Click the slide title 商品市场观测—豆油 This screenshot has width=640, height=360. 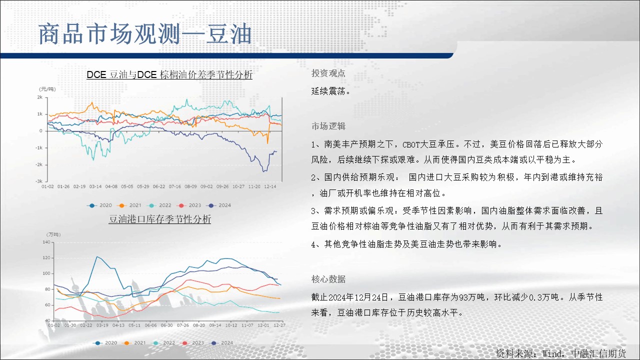(x=145, y=34)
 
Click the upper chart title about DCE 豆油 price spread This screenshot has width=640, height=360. (x=169, y=75)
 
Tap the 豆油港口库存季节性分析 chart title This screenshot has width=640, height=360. (x=159, y=219)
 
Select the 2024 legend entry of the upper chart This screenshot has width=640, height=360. (x=219, y=205)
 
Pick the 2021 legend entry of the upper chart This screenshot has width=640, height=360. (x=130, y=205)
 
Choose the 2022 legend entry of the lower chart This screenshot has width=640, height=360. (x=163, y=343)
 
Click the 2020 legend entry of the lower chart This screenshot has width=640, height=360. (x=106, y=343)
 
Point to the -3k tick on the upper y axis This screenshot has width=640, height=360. (x=39, y=181)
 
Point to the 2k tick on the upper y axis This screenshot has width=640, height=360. (x=39, y=97)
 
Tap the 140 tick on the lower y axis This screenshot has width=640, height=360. (x=46, y=242)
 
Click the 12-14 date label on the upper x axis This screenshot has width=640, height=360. (x=270, y=186)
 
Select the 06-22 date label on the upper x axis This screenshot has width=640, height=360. (x=159, y=186)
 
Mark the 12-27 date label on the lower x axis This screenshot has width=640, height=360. (x=279, y=325)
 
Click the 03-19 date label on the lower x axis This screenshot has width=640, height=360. (x=102, y=325)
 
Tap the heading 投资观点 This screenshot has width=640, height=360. (x=328, y=73)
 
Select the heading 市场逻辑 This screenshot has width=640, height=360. (x=328, y=126)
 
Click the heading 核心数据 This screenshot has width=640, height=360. (x=328, y=279)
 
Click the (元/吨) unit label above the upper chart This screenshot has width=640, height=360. (x=47, y=89)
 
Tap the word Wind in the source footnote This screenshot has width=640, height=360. (x=552, y=353)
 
